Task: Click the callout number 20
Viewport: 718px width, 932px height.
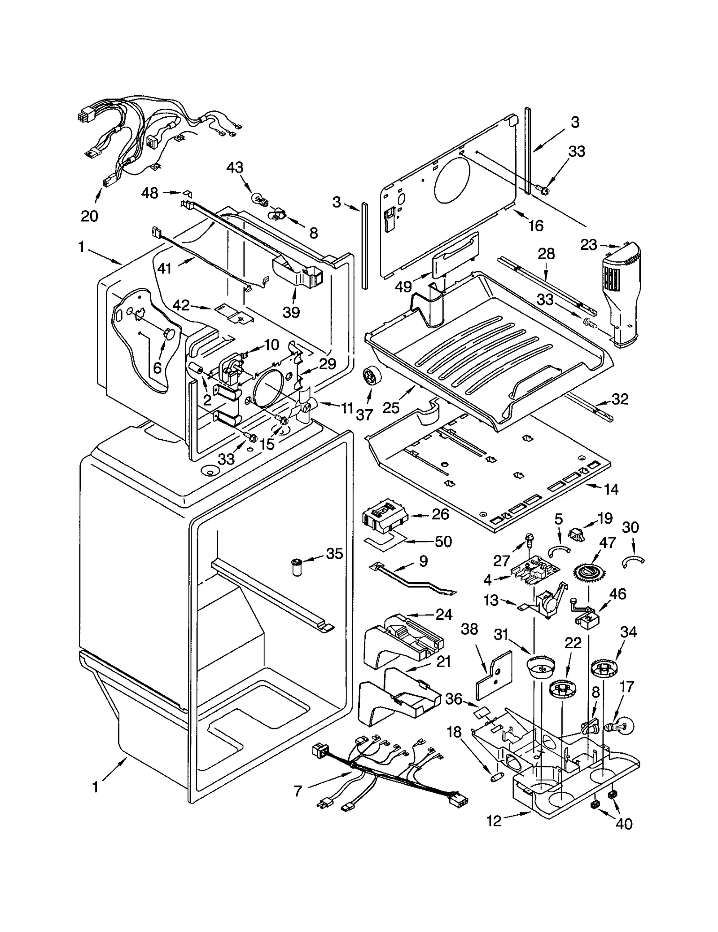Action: [89, 216]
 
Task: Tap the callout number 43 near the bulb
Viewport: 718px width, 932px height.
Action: [235, 168]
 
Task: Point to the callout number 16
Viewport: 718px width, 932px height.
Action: [536, 225]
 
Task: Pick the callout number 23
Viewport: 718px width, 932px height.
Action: [589, 245]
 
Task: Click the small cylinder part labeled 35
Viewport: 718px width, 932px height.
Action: [297, 567]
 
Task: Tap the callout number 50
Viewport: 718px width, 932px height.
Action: [443, 541]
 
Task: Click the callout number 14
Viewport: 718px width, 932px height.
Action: [611, 489]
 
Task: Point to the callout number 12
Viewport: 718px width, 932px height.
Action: [494, 821]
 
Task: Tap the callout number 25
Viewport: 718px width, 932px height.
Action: [391, 407]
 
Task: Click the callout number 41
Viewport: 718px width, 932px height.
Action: [165, 268]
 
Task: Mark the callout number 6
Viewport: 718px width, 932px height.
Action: [157, 368]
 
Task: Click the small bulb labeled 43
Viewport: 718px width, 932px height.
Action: [258, 198]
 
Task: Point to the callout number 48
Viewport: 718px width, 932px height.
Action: [150, 193]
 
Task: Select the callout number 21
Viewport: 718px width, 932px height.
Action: [443, 662]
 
